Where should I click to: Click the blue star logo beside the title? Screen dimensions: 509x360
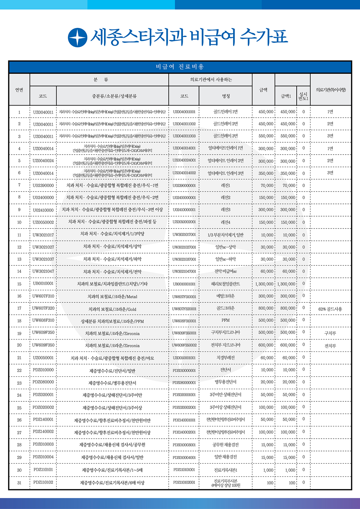[x=77, y=37]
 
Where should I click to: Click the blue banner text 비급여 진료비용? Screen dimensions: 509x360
[x=180, y=67]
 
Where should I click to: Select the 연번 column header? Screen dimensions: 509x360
[x=19, y=90]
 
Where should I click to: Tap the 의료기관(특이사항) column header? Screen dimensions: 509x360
[x=331, y=90]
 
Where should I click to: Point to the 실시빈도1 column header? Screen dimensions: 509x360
[x=303, y=96]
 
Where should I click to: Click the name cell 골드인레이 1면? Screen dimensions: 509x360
[x=226, y=112]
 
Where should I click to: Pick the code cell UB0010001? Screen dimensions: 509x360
[x=43, y=283]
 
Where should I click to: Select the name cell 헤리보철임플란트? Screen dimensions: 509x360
[x=226, y=284]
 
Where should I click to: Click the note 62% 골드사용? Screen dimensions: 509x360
[x=330, y=309]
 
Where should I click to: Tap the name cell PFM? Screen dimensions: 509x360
[x=226, y=320]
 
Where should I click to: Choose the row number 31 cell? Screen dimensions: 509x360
[x=19, y=482]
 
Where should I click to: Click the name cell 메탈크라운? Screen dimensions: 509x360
[x=226, y=296]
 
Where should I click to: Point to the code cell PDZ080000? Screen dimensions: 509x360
[x=43, y=382]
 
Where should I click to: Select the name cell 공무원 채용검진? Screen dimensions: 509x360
[x=226, y=445]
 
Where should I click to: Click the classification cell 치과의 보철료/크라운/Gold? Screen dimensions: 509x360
[x=112, y=309]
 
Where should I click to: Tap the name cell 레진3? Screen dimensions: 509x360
[x=226, y=210]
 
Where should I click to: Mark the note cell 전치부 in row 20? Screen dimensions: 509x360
[x=330, y=346]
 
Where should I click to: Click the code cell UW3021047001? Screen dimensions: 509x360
[x=184, y=271]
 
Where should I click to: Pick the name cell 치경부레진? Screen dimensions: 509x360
[x=226, y=358]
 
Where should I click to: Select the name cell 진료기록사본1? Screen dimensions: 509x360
[x=226, y=470]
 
